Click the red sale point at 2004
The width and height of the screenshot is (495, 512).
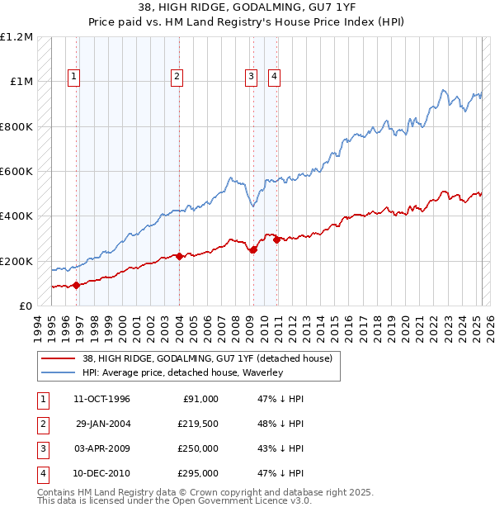click(179, 256)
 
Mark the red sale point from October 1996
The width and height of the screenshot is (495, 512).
click(77, 286)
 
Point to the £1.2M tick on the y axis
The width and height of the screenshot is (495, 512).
click(16, 37)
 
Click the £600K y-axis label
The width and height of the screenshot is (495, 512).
click(16, 172)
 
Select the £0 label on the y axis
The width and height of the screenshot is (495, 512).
click(25, 306)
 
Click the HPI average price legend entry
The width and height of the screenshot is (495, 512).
click(182, 373)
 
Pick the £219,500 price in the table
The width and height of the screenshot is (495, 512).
click(198, 424)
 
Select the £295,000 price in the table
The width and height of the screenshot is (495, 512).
click(198, 473)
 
